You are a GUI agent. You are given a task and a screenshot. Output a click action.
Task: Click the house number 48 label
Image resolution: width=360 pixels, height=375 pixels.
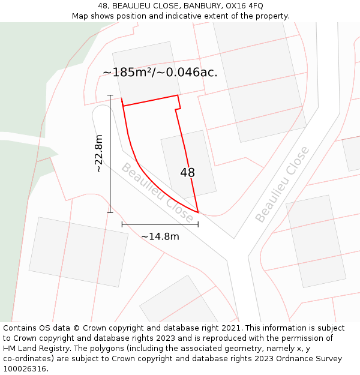tap(187, 173)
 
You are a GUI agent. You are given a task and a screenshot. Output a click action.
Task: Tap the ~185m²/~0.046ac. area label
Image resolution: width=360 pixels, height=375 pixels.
tap(160, 73)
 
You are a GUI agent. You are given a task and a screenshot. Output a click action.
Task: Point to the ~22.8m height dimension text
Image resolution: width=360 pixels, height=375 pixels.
tap(99, 154)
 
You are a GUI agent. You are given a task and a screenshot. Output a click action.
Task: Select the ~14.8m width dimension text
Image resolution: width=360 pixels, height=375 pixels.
tap(160, 236)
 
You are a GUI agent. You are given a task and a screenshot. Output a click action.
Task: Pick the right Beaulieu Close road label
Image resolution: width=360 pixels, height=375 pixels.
tap(282, 184)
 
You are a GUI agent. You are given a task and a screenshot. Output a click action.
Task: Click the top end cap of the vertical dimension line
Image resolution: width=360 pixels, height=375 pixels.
tap(110, 95)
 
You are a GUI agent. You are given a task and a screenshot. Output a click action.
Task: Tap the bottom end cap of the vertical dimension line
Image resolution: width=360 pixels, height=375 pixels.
tap(110, 212)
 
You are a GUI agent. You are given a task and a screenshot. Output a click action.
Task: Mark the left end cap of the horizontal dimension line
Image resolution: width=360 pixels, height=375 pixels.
tap(122, 224)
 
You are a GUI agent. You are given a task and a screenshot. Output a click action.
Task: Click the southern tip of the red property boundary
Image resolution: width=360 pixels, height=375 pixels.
tap(198, 212)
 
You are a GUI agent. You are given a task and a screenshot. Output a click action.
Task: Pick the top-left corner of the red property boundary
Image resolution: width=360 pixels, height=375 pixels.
tap(122, 106)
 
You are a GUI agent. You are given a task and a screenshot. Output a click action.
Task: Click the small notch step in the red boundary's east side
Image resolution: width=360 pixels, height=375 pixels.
tap(178, 109)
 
